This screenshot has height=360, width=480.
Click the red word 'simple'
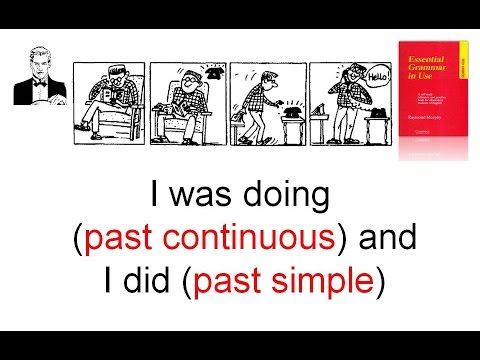325,281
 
